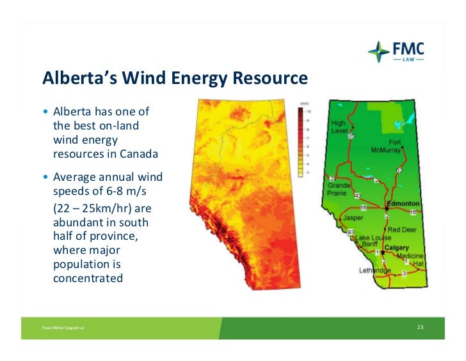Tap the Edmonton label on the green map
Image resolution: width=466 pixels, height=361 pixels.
click(x=403, y=202)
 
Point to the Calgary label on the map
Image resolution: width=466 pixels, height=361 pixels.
click(x=397, y=248)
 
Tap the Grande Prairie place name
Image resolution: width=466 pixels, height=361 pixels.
click(x=339, y=189)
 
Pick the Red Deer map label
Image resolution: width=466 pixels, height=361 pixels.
click(x=402, y=229)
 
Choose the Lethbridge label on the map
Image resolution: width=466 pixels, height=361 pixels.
click(x=375, y=270)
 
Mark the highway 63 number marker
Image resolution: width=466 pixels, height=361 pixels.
click(x=399, y=170)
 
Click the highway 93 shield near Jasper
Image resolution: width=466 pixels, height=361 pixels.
click(x=350, y=231)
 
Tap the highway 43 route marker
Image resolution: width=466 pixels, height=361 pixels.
click(x=357, y=196)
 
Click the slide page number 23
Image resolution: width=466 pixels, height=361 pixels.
click(x=420, y=328)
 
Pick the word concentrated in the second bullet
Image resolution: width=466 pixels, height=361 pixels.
click(x=88, y=279)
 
